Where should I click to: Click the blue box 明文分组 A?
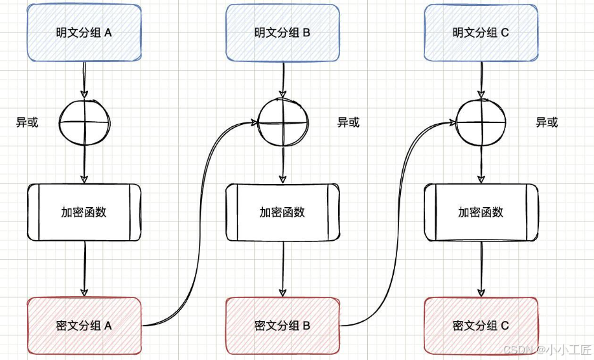click(84, 32)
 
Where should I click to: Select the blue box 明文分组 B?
click(282, 32)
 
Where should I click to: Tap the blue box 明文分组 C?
click(480, 32)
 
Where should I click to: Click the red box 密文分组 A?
click(84, 326)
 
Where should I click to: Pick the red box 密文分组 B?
click(282, 326)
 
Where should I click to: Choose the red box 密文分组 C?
click(480, 326)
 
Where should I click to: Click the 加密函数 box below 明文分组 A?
click(84, 212)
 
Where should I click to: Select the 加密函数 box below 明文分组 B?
click(282, 212)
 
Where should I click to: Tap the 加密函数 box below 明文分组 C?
click(480, 212)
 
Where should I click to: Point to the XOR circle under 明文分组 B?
click(283, 122)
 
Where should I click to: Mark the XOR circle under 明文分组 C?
click(481, 122)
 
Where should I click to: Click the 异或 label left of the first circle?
click(27, 122)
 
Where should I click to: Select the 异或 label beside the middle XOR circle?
click(348, 122)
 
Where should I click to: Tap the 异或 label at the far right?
click(547, 122)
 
